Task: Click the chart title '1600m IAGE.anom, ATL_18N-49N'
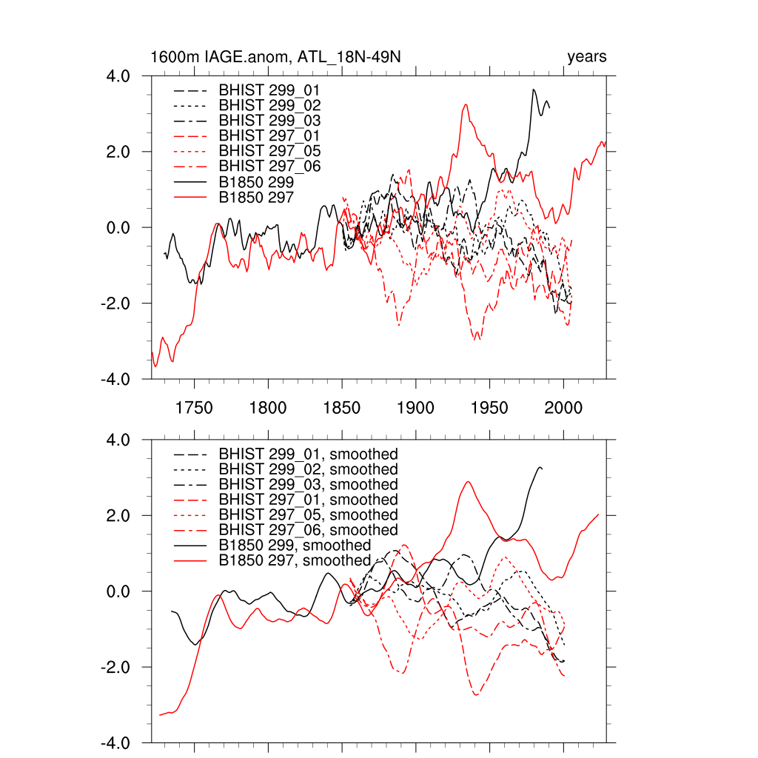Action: tap(276, 57)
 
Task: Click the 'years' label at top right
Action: tap(586, 57)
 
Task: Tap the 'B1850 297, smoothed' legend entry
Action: tap(295, 560)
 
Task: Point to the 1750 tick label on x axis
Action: tap(194, 406)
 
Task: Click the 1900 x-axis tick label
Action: tap(416, 406)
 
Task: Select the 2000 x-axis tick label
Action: tap(564, 406)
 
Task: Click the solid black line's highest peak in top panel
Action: tap(533, 90)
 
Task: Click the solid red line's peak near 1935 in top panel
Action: tap(466, 105)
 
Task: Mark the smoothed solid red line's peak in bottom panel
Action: tap(468, 482)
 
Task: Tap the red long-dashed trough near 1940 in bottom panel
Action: tap(476, 694)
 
